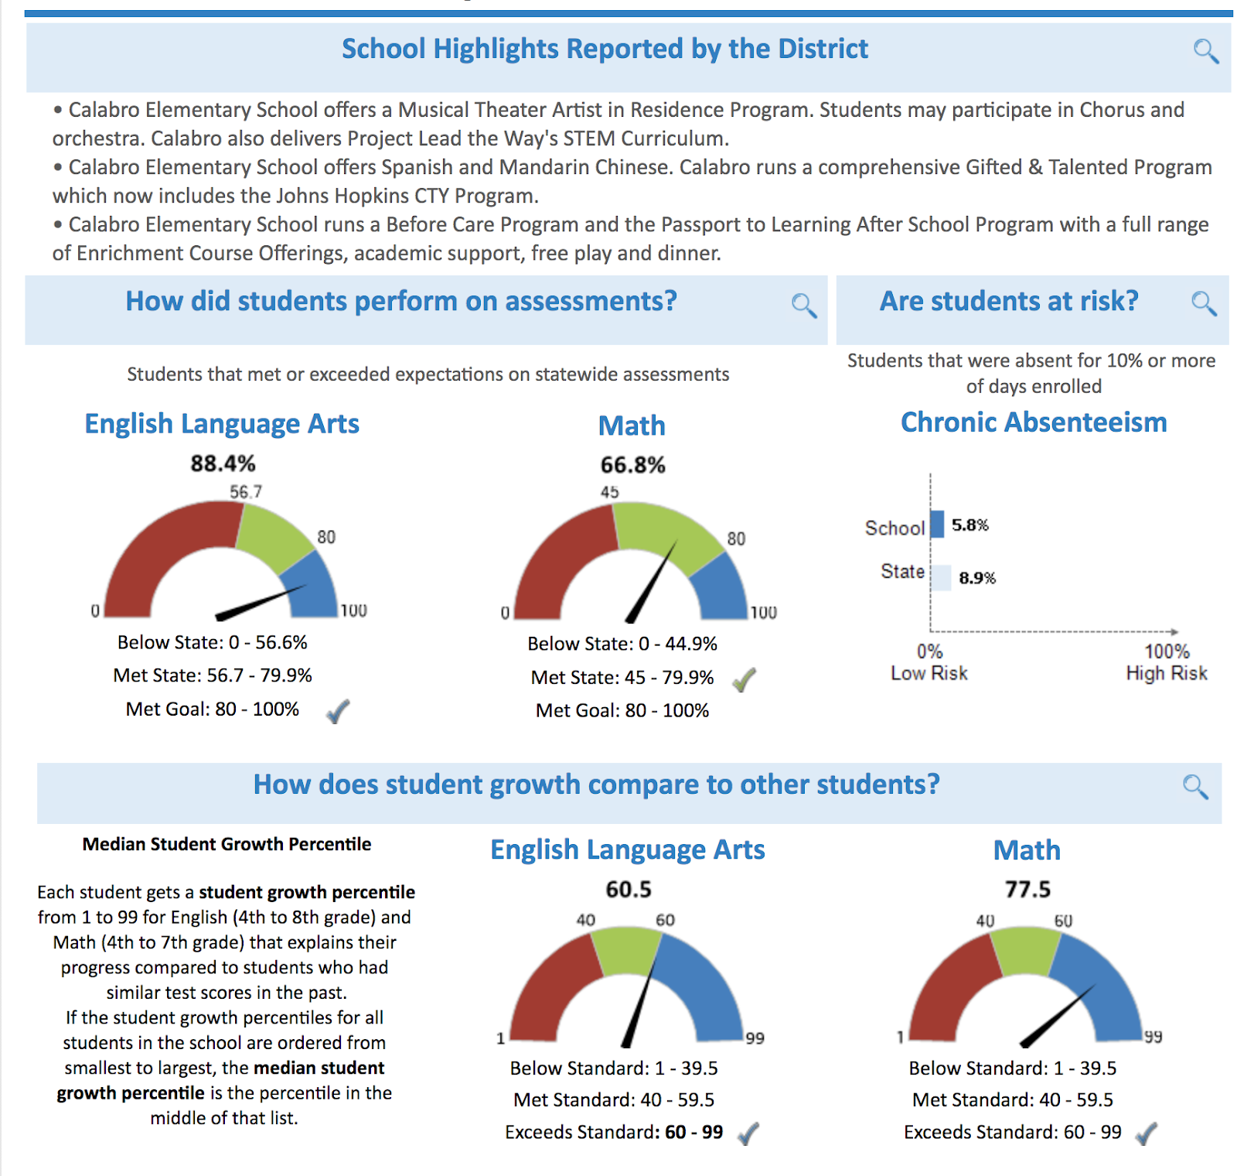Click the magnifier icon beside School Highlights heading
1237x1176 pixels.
[x=1205, y=51]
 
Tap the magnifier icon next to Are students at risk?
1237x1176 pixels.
[x=1203, y=303]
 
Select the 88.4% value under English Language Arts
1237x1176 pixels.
[x=223, y=463]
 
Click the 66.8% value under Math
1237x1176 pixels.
[x=632, y=465]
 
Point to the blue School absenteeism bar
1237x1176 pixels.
[x=937, y=524]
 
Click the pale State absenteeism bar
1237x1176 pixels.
[x=941, y=577]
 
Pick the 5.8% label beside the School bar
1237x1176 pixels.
[x=969, y=525]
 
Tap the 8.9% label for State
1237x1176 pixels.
[x=977, y=578]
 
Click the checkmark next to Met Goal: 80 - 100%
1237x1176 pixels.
[x=338, y=710]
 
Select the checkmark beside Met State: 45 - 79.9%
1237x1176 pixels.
[x=744, y=679]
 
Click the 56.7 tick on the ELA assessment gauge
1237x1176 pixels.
[x=246, y=492]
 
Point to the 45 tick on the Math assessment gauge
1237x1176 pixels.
[x=609, y=492]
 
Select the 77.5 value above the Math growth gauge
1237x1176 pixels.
[x=1027, y=889]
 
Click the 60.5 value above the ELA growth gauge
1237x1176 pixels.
[x=628, y=889]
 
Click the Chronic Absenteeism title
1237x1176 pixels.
[x=1033, y=422]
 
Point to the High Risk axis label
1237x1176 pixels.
[x=1166, y=673]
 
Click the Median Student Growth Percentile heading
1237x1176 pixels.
[x=227, y=844]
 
